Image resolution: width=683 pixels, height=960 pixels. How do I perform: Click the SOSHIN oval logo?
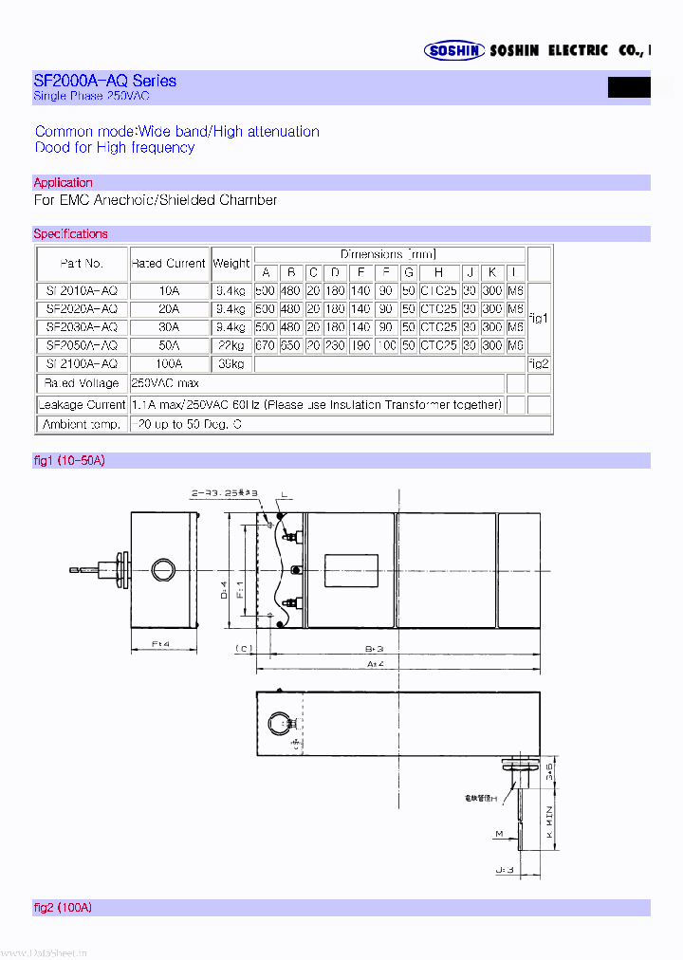point(454,51)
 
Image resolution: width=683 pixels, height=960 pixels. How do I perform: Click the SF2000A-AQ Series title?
point(104,81)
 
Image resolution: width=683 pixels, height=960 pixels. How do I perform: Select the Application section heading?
point(63,182)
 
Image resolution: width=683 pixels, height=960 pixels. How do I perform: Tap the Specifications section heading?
point(70,233)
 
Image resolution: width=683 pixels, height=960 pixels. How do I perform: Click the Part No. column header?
point(81,263)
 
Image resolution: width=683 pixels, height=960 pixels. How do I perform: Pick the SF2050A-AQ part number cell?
point(81,345)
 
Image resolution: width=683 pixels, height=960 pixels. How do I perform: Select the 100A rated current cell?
point(168,363)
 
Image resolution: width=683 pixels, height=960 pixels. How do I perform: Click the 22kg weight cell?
point(231,345)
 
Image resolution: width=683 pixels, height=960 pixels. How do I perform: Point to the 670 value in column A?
point(265,345)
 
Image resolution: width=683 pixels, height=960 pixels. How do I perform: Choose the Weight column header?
point(231,263)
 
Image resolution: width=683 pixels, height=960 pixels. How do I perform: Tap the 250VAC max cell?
point(167,382)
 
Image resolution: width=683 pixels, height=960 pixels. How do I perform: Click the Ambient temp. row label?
point(81,424)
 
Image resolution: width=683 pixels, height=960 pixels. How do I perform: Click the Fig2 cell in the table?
point(538,363)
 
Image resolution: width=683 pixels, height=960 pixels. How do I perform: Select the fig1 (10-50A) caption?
point(69,460)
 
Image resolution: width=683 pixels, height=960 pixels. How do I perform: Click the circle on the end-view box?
point(164,569)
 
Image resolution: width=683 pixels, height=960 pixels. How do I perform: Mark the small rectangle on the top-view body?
point(351,571)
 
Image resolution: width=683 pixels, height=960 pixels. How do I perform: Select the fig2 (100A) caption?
point(63,908)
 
